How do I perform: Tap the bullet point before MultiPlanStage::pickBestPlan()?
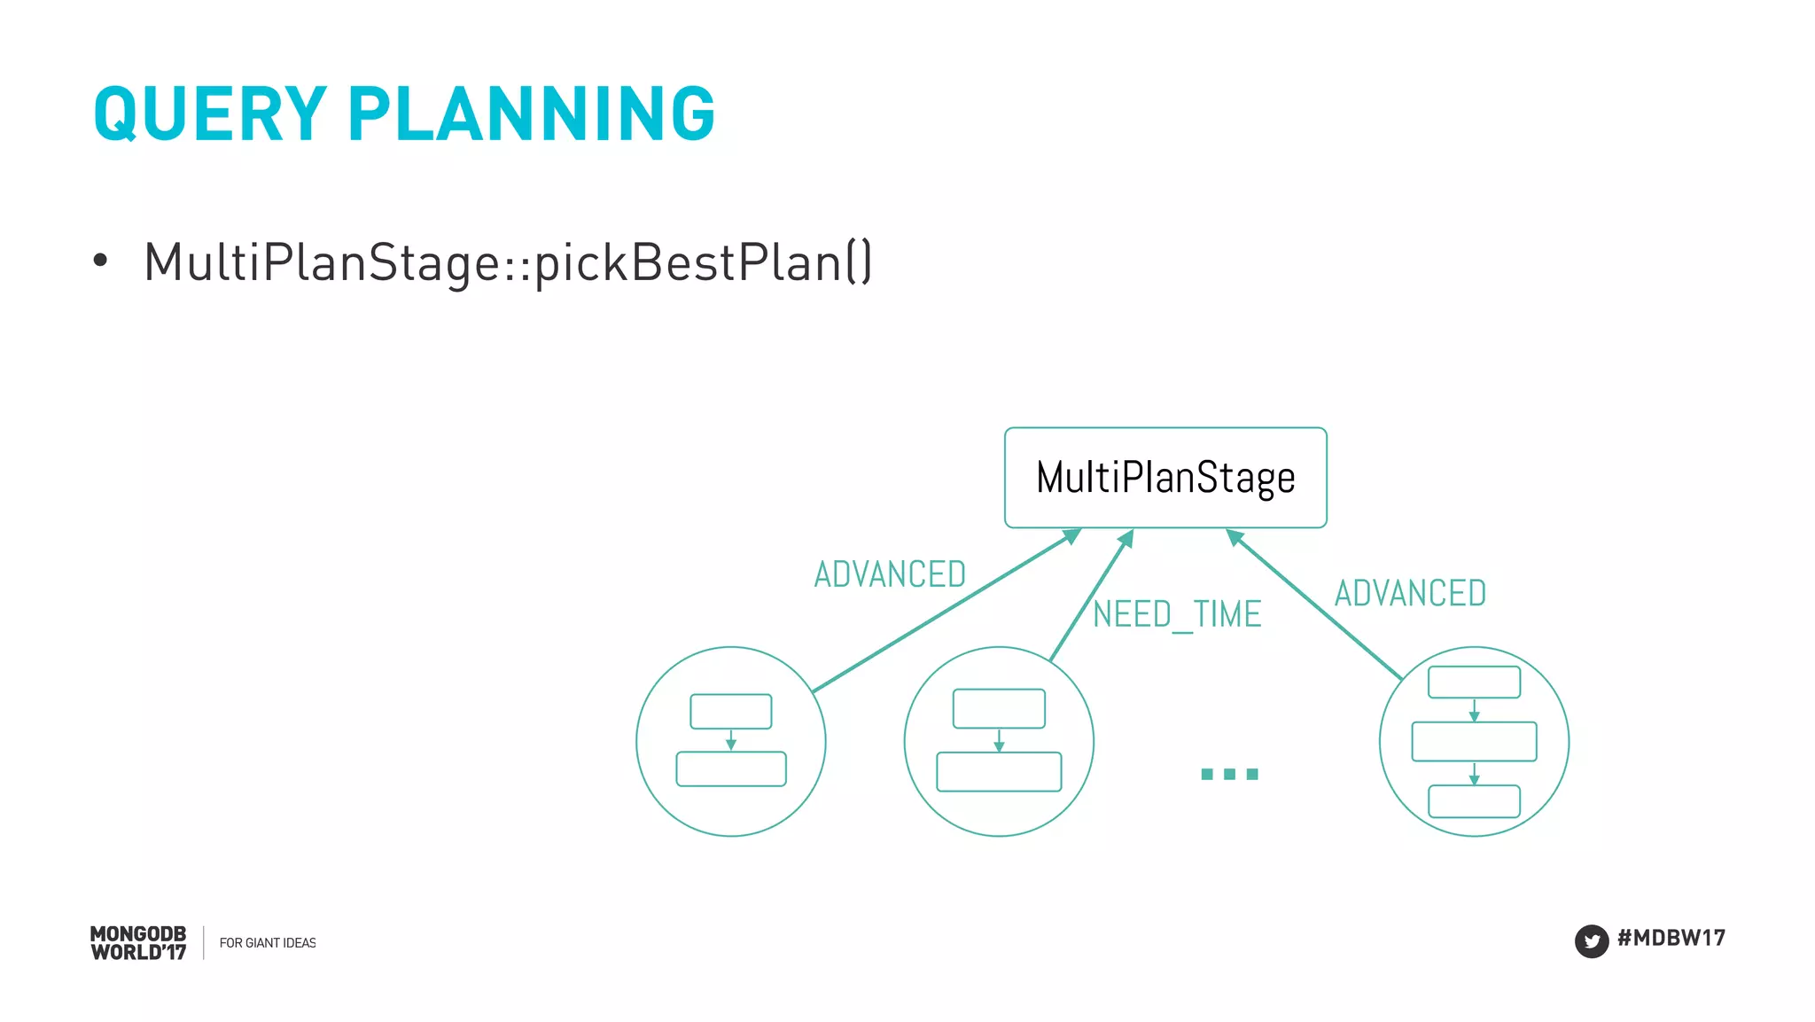pyautogui.click(x=100, y=261)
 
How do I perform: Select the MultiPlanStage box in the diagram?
pyautogui.click(x=1165, y=478)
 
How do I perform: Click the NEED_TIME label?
pyautogui.click(x=1176, y=614)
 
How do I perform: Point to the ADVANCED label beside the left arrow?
pyautogui.click(x=890, y=574)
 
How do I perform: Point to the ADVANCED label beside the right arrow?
pyautogui.click(x=1410, y=593)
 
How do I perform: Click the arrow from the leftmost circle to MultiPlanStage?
pyautogui.click(x=945, y=611)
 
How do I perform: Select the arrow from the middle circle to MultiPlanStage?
pyautogui.click(x=1091, y=596)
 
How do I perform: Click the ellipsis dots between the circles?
pyautogui.click(x=1229, y=774)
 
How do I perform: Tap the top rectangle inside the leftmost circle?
pyautogui.click(x=730, y=711)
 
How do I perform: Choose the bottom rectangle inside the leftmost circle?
pyautogui.click(x=730, y=768)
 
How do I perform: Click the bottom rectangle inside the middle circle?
pyautogui.click(x=999, y=771)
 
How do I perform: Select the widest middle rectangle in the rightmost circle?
pyautogui.click(x=1474, y=741)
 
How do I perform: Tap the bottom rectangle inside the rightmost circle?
pyautogui.click(x=1474, y=801)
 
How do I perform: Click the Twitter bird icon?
pyautogui.click(x=1591, y=940)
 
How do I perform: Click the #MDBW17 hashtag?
pyautogui.click(x=1671, y=938)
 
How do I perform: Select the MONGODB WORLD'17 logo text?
pyautogui.click(x=138, y=943)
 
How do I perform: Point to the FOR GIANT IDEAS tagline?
pyautogui.click(x=267, y=943)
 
